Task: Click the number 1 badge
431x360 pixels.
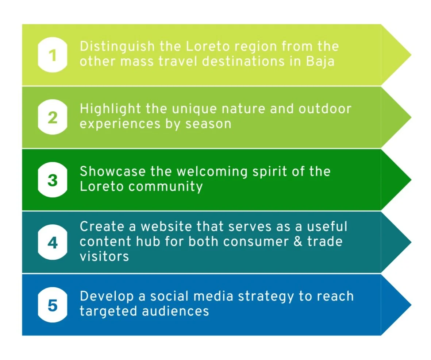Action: pyautogui.click(x=53, y=55)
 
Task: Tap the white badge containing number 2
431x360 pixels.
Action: pyautogui.click(x=53, y=118)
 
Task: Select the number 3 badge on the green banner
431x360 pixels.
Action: pyautogui.click(x=53, y=180)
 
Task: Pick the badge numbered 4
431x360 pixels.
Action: pyautogui.click(x=53, y=243)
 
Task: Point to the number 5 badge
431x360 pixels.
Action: pyautogui.click(x=53, y=305)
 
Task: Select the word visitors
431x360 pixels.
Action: pyautogui.click(x=104, y=256)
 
